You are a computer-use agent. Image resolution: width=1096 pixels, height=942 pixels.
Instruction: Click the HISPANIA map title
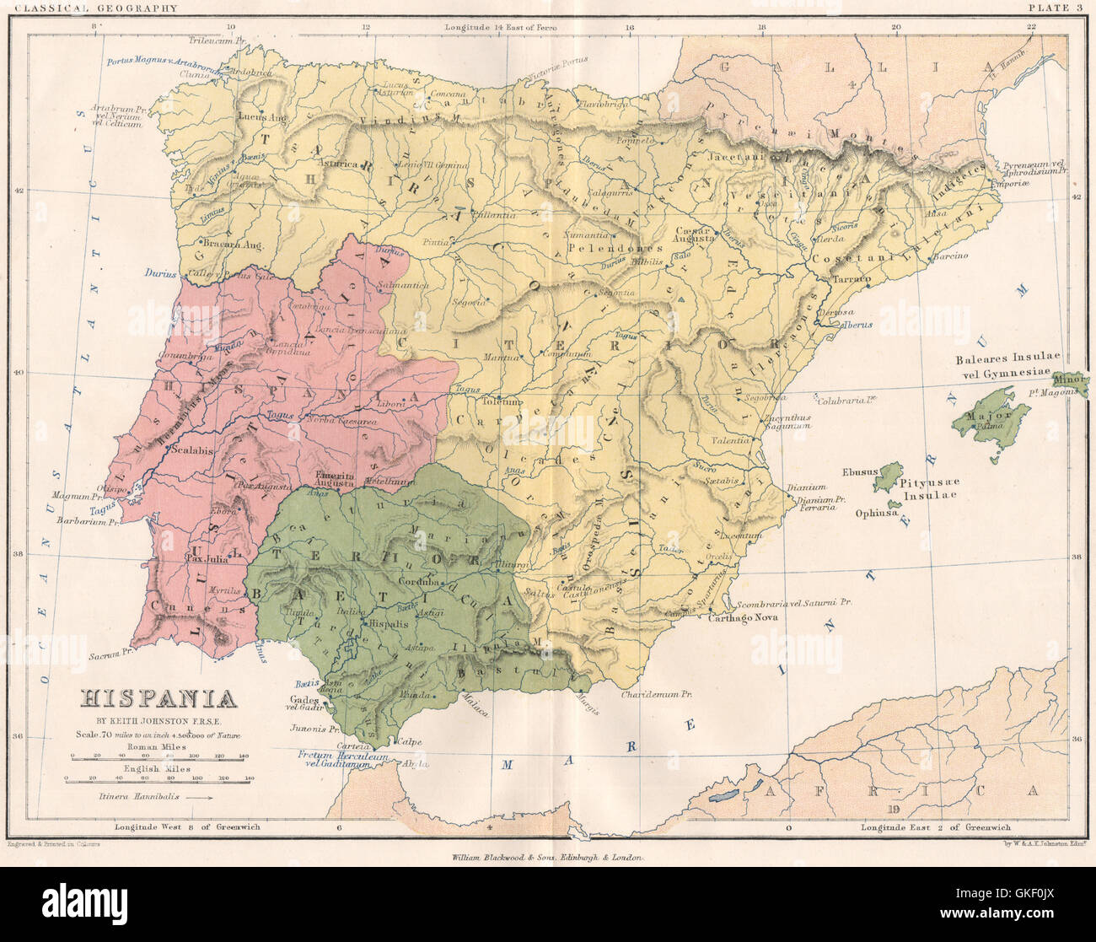click(158, 698)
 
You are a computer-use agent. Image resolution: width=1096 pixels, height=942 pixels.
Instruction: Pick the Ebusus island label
click(858, 472)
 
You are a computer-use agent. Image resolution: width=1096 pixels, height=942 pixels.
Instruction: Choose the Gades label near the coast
click(304, 700)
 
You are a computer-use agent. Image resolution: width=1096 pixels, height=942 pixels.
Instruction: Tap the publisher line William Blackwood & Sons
click(546, 857)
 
